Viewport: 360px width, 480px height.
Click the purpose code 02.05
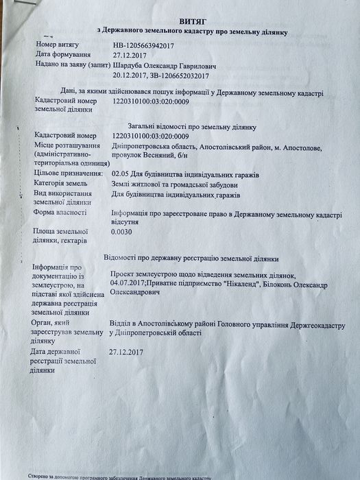point(121,175)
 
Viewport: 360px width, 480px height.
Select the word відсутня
point(128,222)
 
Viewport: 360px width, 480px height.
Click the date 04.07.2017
point(128,283)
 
